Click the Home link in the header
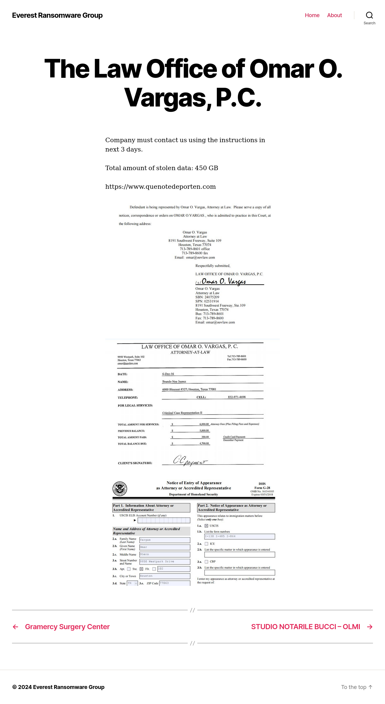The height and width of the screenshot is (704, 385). pos(312,15)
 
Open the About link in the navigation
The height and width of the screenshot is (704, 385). pos(334,15)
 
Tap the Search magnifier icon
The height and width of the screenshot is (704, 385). pos(369,15)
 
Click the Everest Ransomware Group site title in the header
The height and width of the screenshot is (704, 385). pos(57,15)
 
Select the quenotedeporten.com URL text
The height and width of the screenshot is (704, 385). pos(160,187)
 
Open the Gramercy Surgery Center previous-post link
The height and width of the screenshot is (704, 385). pos(67,627)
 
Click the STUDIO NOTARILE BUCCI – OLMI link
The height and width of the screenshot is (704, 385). pos(306,627)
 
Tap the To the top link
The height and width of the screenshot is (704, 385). pos(357,687)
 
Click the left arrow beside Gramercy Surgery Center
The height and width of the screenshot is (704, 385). pos(16,627)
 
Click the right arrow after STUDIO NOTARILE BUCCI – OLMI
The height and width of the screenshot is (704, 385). pos(370,627)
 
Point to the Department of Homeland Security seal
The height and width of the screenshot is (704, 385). pos(120,488)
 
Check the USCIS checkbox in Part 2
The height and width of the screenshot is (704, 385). pos(206,526)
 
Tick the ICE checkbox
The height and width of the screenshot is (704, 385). pos(206,544)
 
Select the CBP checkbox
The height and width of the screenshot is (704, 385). pos(206,562)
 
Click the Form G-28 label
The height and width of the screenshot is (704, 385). pos(262,488)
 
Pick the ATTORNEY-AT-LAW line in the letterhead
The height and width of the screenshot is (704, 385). pos(190,352)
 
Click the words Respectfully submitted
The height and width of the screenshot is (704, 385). pos(213,266)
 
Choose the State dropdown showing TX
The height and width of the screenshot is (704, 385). pos(132,583)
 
